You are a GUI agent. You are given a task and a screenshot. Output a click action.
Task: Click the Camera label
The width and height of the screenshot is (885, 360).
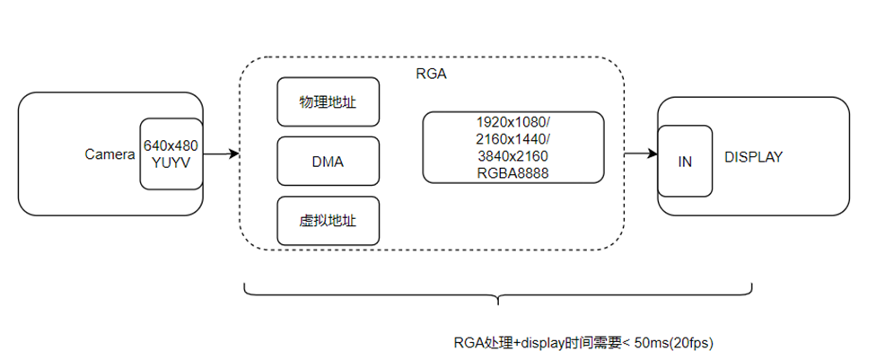[x=110, y=154]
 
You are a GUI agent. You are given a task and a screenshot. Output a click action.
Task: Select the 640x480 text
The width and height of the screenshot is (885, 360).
[x=171, y=145]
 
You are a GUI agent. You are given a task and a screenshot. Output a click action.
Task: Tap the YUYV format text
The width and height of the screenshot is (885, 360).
[x=171, y=162]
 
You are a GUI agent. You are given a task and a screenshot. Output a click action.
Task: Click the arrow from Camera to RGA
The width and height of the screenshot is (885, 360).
[x=221, y=154]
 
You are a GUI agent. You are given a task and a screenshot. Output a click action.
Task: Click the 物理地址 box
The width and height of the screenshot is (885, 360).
[x=328, y=101]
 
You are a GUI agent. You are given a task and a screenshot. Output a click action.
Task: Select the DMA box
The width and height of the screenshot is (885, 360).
[x=328, y=162]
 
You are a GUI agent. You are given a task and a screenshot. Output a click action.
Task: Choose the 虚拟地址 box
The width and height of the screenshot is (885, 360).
[x=328, y=221]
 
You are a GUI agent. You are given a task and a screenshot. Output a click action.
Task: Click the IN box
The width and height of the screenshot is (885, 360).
[x=685, y=162]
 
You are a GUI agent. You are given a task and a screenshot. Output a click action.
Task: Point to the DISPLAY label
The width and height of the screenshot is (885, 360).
[x=753, y=157]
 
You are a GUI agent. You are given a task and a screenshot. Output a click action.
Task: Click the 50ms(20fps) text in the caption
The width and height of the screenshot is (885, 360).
[x=672, y=343]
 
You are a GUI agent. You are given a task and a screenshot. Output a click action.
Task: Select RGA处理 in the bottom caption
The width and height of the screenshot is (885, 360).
[x=483, y=343]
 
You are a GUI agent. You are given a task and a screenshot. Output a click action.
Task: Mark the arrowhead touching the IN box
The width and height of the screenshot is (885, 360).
[x=653, y=154]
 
